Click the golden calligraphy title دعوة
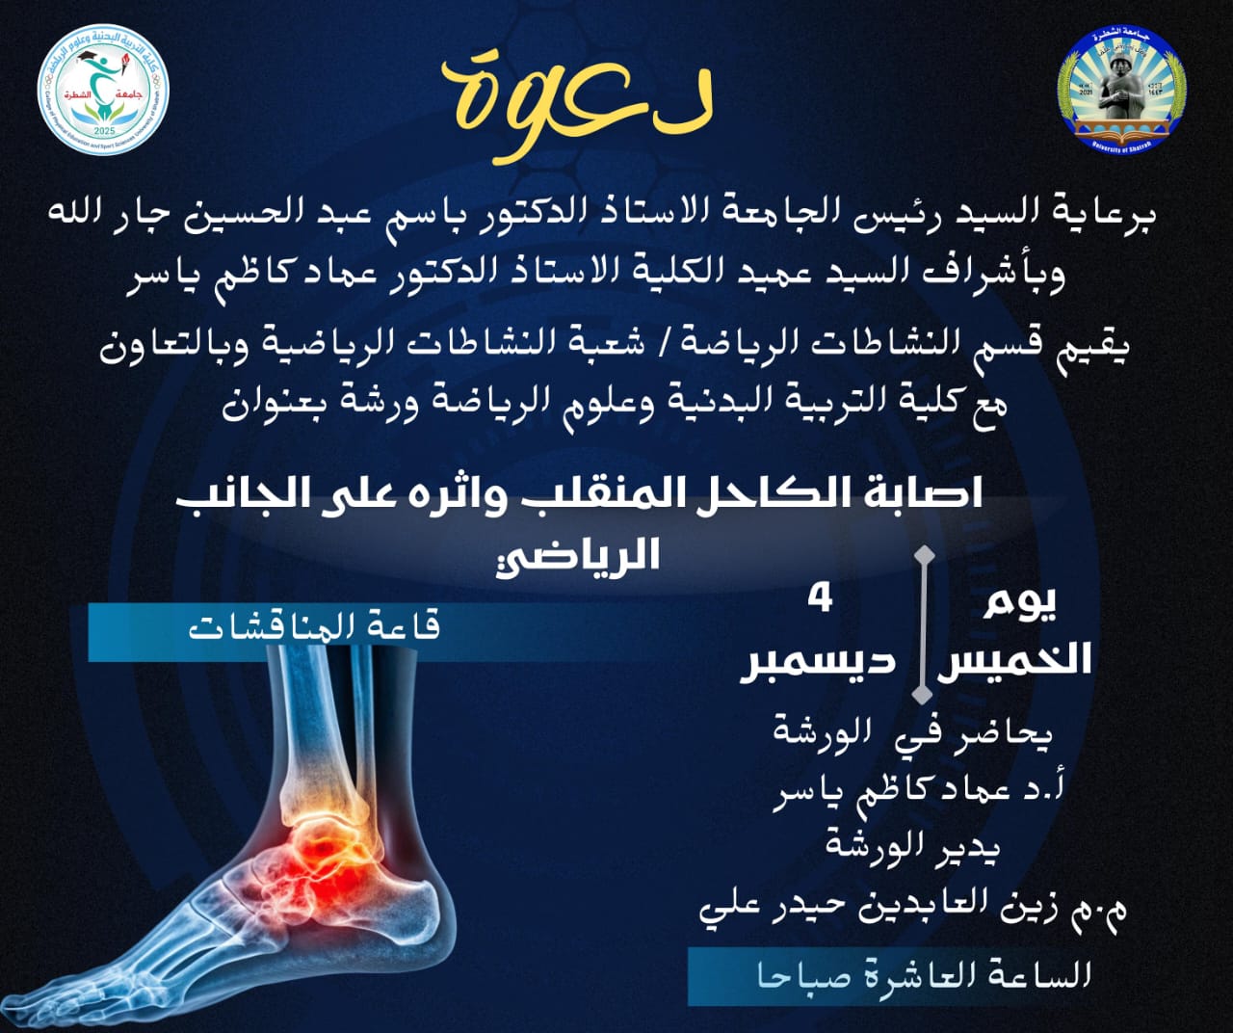click(x=577, y=106)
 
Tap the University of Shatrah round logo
click(x=1121, y=90)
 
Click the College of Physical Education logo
click(x=103, y=90)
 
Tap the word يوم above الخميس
click(x=1019, y=604)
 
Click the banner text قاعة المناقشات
click(x=315, y=628)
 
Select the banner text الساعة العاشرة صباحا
click(x=923, y=976)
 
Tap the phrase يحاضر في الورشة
click(x=913, y=736)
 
